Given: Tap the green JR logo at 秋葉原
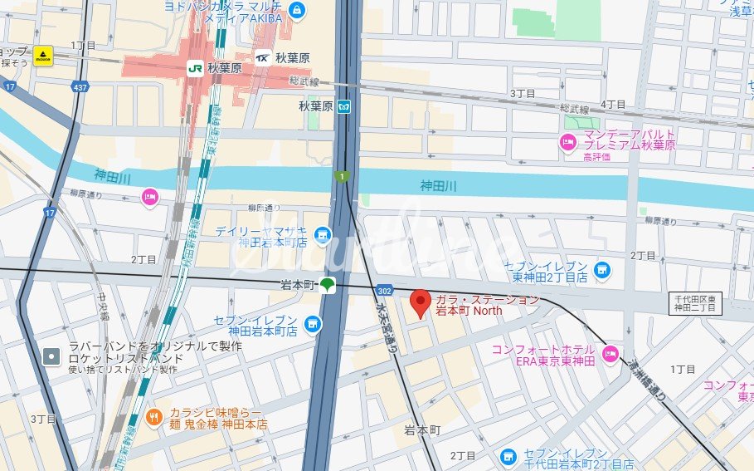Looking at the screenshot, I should coord(195,68).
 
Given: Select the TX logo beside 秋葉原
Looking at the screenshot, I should coord(263,58).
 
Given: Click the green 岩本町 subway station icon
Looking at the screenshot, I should coord(328,284).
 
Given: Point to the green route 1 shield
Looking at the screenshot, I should coord(341,176).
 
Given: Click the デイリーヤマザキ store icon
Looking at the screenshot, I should coord(322,235).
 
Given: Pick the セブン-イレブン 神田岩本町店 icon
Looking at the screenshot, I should coord(312,324).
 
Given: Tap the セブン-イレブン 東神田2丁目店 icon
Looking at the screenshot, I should coord(602,270).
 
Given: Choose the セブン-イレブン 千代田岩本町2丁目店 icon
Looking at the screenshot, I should coord(508,457).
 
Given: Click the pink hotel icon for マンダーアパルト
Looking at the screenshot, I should coord(568,140).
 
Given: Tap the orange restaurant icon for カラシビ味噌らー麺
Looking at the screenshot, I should coord(153,416).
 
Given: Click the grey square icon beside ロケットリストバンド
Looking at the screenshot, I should coord(51,356).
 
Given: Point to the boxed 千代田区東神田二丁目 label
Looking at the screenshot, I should coord(698,303).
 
